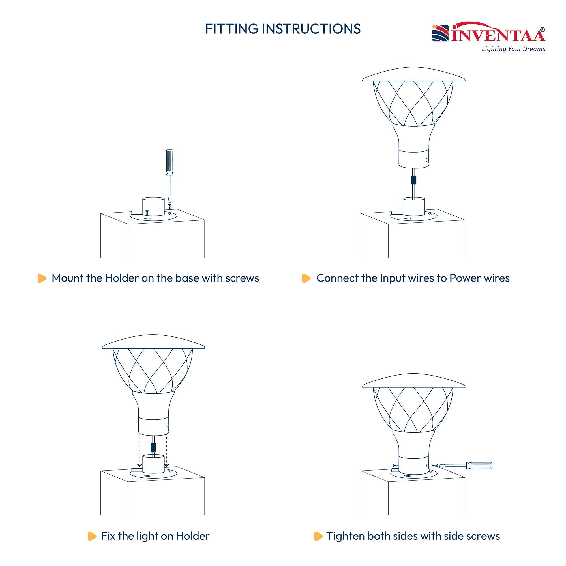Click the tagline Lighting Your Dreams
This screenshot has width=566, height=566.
pyautogui.click(x=514, y=49)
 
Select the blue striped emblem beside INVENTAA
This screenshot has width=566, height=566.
pyautogui.click(x=440, y=33)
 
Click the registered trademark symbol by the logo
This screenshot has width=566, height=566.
pyautogui.click(x=543, y=30)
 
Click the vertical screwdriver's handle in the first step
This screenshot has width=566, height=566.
pyautogui.click(x=170, y=162)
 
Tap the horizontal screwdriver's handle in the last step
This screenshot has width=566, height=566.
pyautogui.click(x=479, y=466)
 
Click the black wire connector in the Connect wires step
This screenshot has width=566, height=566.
pyautogui.click(x=414, y=180)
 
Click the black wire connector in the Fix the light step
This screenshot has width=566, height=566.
pyautogui.click(x=153, y=447)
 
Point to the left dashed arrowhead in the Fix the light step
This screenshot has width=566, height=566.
pyautogui.click(x=140, y=466)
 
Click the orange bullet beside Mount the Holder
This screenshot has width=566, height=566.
pyautogui.click(x=42, y=278)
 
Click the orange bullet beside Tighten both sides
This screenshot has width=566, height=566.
pyautogui.click(x=318, y=536)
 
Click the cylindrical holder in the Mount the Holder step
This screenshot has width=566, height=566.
pyautogui.click(x=153, y=207)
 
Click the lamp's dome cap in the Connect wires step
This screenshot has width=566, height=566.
pyautogui.click(x=414, y=74)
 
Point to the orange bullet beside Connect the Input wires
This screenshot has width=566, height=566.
pyautogui.click(x=306, y=278)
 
